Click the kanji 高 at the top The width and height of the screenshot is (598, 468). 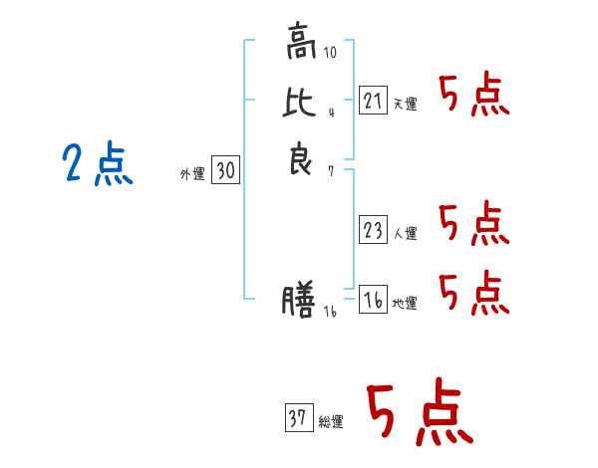click(x=301, y=41)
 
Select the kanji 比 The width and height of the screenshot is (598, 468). click(x=299, y=102)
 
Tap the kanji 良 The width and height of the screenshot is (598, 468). click(x=301, y=158)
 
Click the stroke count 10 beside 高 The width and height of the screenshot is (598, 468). click(x=330, y=52)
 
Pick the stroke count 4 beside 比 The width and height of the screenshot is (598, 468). click(x=332, y=113)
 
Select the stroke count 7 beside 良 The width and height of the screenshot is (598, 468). click(x=331, y=171)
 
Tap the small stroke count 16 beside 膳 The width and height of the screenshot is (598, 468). click(x=330, y=312)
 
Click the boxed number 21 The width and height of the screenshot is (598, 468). click(x=373, y=101)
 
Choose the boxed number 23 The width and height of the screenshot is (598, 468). click(x=373, y=229)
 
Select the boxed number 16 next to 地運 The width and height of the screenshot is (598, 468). click(x=373, y=299)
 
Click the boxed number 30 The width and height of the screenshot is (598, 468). click(x=226, y=169)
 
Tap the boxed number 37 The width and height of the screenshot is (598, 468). click(x=299, y=417)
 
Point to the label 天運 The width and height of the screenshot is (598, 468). click(x=406, y=104)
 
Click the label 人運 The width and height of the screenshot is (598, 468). click(x=406, y=233)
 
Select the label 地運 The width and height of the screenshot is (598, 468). click(x=405, y=303)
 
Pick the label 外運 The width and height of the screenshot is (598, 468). click(x=192, y=174)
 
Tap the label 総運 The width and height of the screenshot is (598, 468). click(x=331, y=422)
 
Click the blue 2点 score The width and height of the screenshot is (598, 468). click(x=98, y=164)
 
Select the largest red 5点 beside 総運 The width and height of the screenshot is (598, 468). click(x=421, y=411)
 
